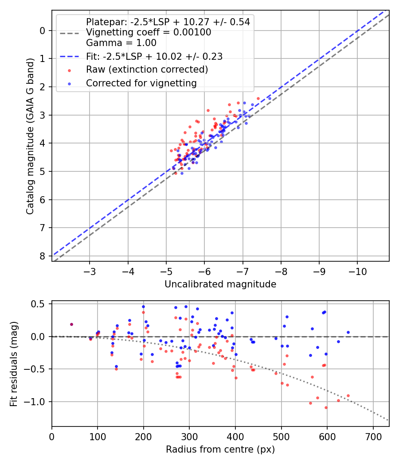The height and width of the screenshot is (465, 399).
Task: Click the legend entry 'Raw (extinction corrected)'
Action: (x=147, y=70)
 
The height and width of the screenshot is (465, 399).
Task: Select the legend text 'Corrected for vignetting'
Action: (x=141, y=83)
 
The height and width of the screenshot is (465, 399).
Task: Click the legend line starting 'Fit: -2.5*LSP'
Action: (x=154, y=56)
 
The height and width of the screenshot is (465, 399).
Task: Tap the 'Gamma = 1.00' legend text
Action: (x=121, y=43)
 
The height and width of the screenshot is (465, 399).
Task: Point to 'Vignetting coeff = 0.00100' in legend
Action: (x=149, y=32)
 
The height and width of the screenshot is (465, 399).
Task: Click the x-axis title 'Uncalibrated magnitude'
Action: (x=220, y=284)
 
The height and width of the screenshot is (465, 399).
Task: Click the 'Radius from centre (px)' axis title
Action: (x=220, y=449)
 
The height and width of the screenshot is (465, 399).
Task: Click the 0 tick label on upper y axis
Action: (x=43, y=31)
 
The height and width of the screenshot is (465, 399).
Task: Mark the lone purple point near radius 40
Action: (x=71, y=324)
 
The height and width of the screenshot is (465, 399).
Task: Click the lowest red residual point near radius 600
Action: (x=326, y=407)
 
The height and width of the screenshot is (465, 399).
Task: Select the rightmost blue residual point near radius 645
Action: (x=348, y=332)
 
